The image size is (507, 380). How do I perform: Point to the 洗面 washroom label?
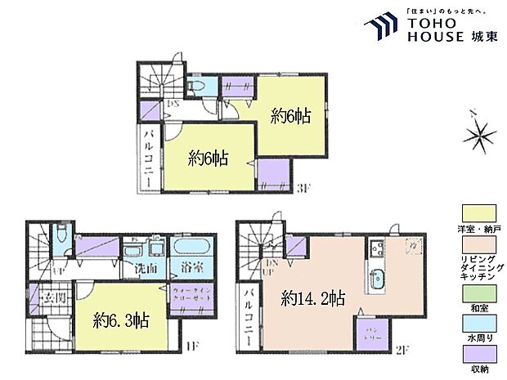146,269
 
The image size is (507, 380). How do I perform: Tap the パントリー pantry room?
366,330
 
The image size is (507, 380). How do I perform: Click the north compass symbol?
478,132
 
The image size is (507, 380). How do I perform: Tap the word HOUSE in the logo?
434,37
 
